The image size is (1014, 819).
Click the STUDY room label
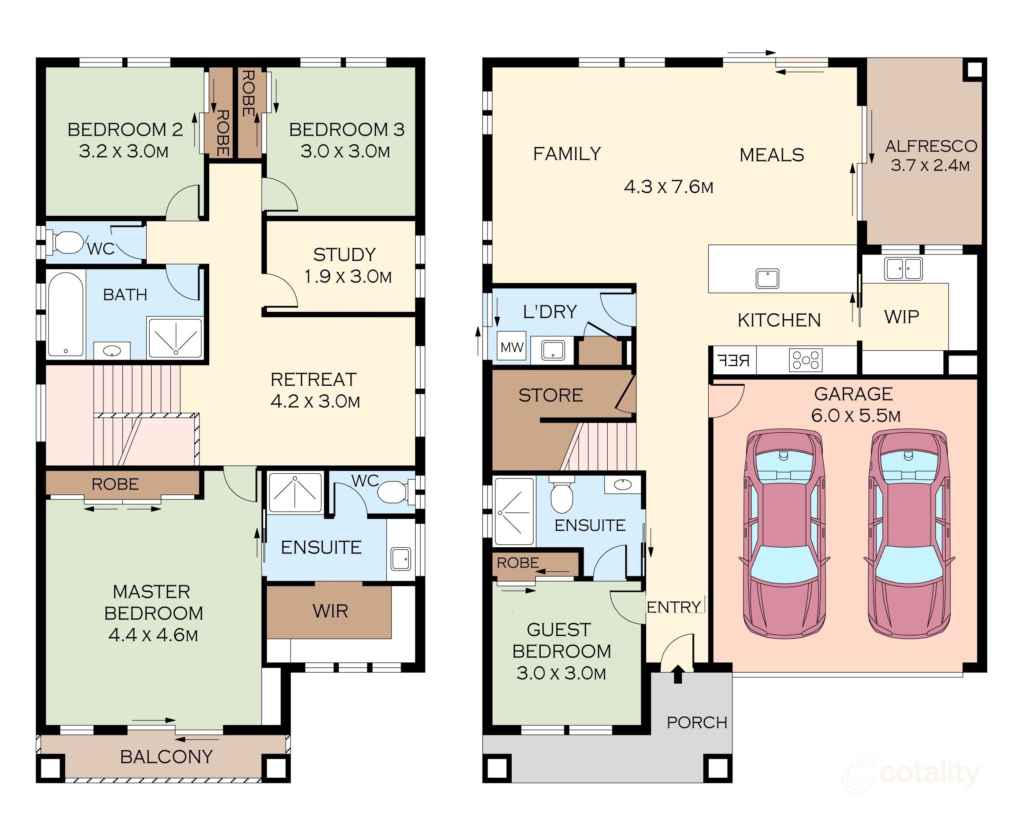(x=345, y=255)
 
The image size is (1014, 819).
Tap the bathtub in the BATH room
(x=65, y=314)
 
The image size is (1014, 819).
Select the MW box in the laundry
(x=512, y=347)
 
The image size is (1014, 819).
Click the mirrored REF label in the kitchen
(x=734, y=361)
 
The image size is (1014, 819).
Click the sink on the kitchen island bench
(x=767, y=278)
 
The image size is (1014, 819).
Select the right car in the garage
(x=909, y=533)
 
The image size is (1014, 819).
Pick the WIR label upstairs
(x=330, y=611)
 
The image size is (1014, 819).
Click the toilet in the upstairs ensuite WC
(x=395, y=492)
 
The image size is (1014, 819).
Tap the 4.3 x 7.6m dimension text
(x=669, y=187)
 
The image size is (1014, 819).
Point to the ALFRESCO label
(x=931, y=146)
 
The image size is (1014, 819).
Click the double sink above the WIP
(x=903, y=269)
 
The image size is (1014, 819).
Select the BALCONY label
(x=167, y=757)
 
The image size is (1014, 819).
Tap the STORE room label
(x=551, y=395)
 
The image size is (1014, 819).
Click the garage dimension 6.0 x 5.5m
(x=855, y=416)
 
